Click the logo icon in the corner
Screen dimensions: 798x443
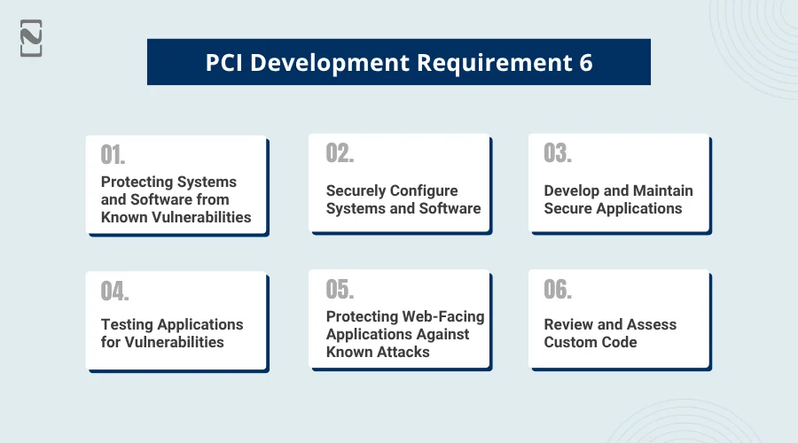[x=31, y=38]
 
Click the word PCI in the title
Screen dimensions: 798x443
[x=224, y=63]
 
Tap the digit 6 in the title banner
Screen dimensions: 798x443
[x=586, y=63]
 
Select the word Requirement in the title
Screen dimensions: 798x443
[x=494, y=64]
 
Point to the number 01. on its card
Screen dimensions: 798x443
[x=113, y=155]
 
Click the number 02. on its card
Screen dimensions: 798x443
[x=340, y=153]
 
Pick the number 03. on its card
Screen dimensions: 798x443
[x=558, y=153]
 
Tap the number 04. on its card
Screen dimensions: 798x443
[x=115, y=291]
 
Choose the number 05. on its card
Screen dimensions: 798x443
[x=340, y=290]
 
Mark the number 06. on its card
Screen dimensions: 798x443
[x=558, y=290]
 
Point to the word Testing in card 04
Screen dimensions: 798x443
[x=127, y=325]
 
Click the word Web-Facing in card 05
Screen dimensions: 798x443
[x=444, y=317]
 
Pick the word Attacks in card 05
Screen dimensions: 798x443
[x=403, y=352]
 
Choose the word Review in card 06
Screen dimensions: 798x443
[x=568, y=324]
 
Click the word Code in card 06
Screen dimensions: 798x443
[x=619, y=342]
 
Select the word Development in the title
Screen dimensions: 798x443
[x=330, y=64]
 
